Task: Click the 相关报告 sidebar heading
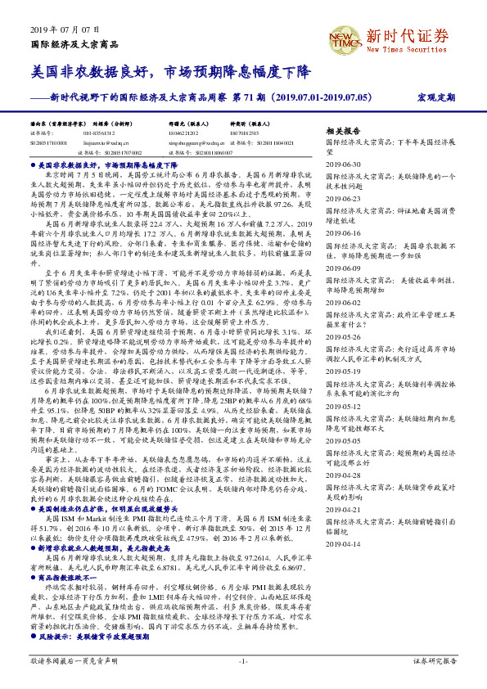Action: tap(343, 131)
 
